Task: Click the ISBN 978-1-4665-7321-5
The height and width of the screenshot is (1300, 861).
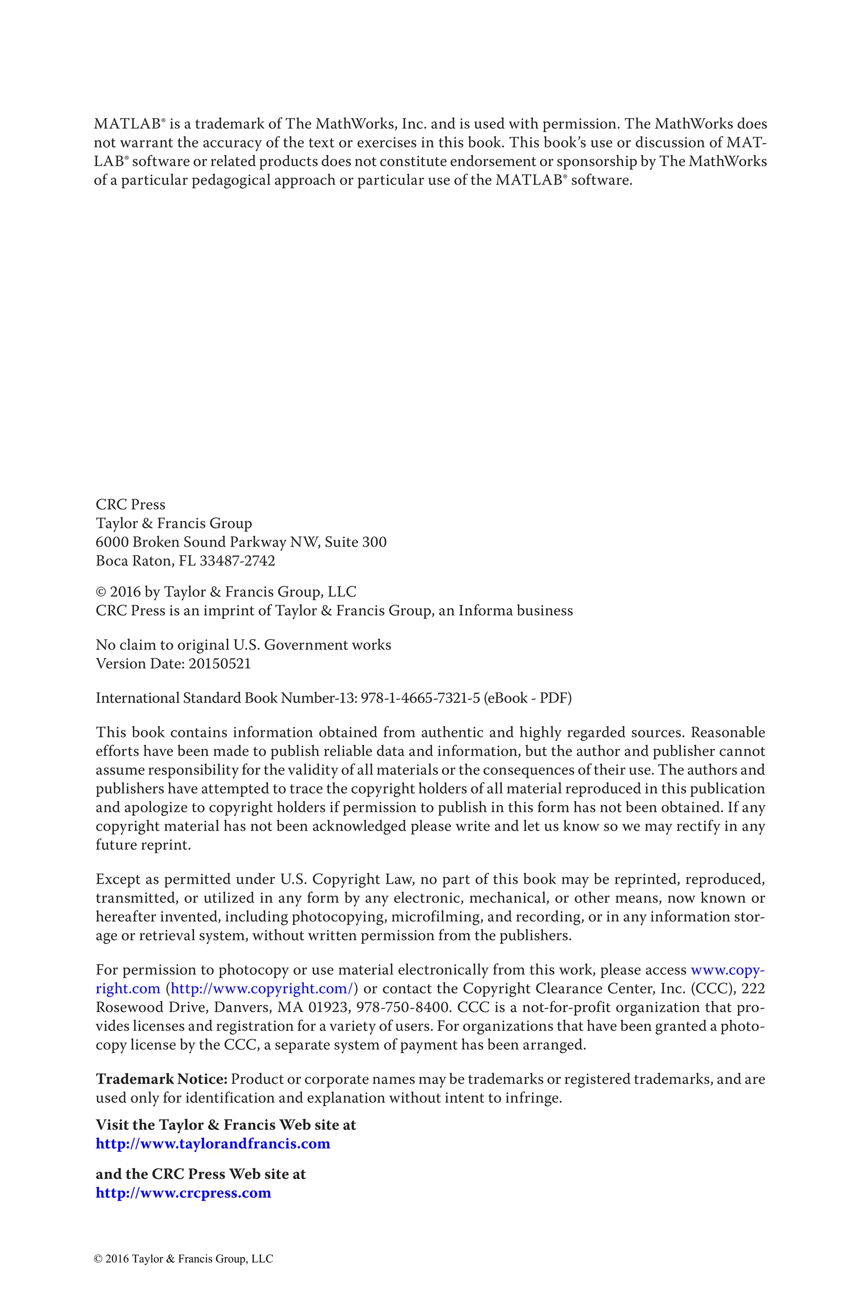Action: coord(420,698)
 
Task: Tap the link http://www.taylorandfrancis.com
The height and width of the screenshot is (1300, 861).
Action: coord(213,1144)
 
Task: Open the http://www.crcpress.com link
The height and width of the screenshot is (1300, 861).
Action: coord(183,1192)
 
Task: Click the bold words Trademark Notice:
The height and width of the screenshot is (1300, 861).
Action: coord(161,1079)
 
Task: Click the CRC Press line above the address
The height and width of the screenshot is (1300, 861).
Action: coord(130,504)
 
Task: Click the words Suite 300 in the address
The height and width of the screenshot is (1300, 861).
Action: coord(355,542)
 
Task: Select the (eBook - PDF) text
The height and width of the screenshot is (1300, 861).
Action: coord(528,698)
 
